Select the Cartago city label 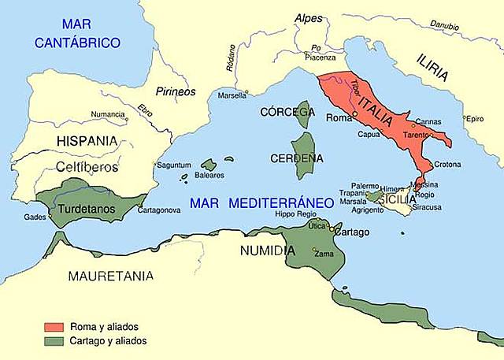coord(348,232)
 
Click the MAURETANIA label coord(109,276)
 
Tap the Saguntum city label coord(174,165)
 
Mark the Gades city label coord(35,217)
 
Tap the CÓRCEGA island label coord(287,111)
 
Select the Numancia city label coord(107,114)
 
